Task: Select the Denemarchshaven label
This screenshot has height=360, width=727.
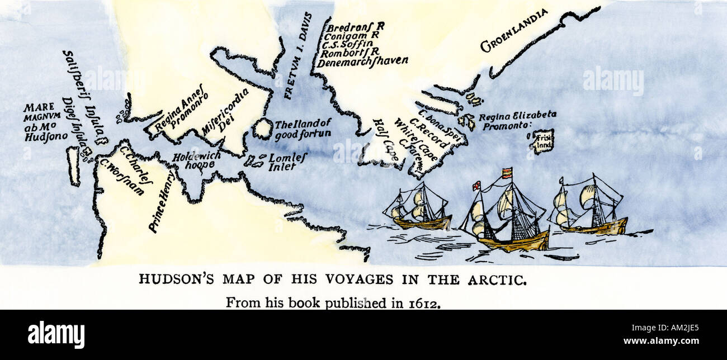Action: [362, 61]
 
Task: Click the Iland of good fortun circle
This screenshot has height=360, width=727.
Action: [262, 129]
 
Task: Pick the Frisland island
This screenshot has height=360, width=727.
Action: [541, 141]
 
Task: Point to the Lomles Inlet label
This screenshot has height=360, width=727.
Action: [287, 162]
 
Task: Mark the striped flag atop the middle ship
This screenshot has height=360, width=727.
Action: [507, 173]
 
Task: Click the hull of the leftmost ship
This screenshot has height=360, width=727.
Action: [423, 224]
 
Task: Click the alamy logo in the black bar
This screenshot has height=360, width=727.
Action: [56, 334]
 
